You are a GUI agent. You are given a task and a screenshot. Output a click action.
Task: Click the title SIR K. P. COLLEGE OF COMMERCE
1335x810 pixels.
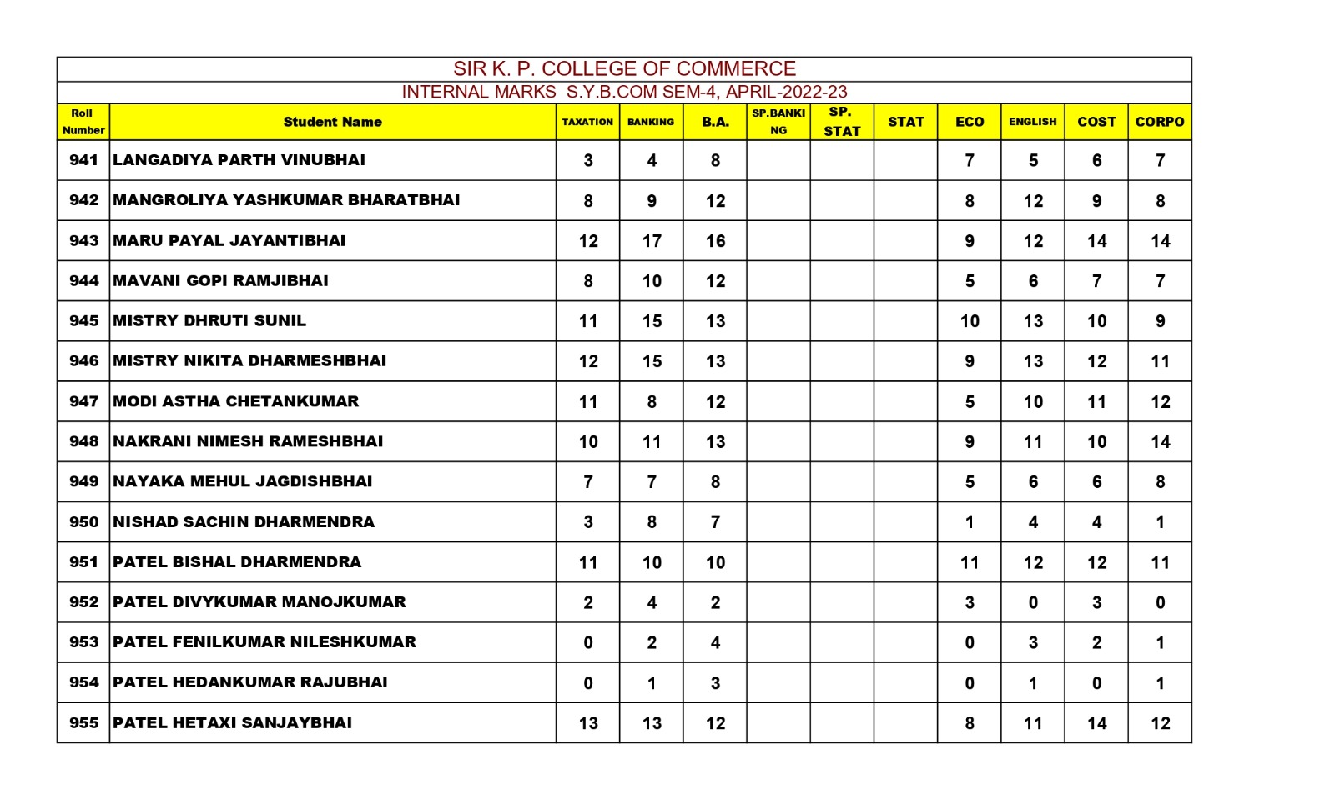point(624,68)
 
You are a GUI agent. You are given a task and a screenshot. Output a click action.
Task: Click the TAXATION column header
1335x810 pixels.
point(587,122)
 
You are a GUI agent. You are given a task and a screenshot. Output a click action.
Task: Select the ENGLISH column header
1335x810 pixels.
point(1032,122)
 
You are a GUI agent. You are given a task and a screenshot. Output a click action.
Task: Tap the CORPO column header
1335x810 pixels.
point(1159,122)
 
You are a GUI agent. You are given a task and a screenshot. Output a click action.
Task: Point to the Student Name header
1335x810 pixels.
point(332,122)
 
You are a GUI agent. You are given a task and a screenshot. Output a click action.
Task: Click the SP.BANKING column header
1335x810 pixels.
point(778,122)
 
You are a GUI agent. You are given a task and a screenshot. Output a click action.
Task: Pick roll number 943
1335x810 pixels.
point(83,241)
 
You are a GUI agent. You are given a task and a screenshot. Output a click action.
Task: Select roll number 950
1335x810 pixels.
point(83,522)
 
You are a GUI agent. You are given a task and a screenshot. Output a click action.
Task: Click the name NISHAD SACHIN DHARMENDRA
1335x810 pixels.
point(244,522)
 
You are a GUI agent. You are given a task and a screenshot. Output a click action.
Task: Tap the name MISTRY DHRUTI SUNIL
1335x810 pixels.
point(209,321)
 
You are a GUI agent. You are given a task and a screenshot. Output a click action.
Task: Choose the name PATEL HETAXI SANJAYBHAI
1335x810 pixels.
point(232,723)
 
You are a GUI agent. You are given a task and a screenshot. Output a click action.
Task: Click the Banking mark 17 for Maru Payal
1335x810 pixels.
point(652,241)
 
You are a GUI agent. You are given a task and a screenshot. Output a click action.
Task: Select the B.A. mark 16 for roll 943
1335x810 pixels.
point(715,241)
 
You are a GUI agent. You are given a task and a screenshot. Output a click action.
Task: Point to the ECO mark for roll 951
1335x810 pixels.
point(969,562)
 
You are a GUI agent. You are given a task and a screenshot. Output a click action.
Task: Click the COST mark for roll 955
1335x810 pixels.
point(1096,723)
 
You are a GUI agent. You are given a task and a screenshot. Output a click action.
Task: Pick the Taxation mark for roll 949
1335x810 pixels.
point(587,482)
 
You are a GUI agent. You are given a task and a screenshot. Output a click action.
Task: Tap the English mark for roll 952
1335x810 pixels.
point(1032,602)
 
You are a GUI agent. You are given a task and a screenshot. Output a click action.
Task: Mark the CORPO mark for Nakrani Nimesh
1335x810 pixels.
point(1160,442)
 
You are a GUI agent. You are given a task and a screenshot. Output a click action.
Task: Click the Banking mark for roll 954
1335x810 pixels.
point(652,683)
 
